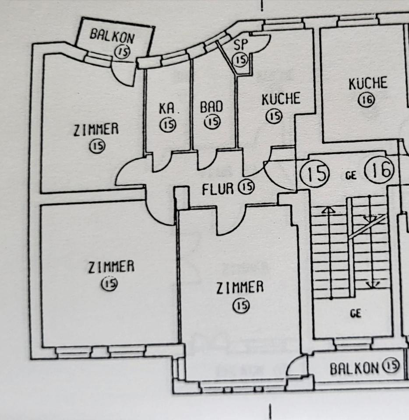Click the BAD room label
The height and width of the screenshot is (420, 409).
tap(212, 107)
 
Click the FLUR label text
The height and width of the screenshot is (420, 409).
tap(218, 189)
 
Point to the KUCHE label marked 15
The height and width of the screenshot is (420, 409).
tap(281, 99)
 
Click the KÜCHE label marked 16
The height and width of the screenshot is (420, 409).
tap(368, 84)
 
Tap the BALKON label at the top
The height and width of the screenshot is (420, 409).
tap(112, 35)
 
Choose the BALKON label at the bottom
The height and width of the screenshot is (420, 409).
tap(354, 368)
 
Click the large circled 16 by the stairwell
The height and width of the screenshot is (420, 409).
tap(379, 171)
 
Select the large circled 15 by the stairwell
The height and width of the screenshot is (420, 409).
tap(314, 173)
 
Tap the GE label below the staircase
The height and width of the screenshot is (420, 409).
tap(355, 313)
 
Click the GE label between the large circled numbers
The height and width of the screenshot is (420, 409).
tap(351, 176)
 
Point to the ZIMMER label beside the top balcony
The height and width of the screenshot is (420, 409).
tap(96, 129)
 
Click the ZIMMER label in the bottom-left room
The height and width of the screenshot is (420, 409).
tap(111, 267)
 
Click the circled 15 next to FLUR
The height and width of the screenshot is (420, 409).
tap(246, 188)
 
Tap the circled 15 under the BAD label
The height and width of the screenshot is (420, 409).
tap(212, 122)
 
